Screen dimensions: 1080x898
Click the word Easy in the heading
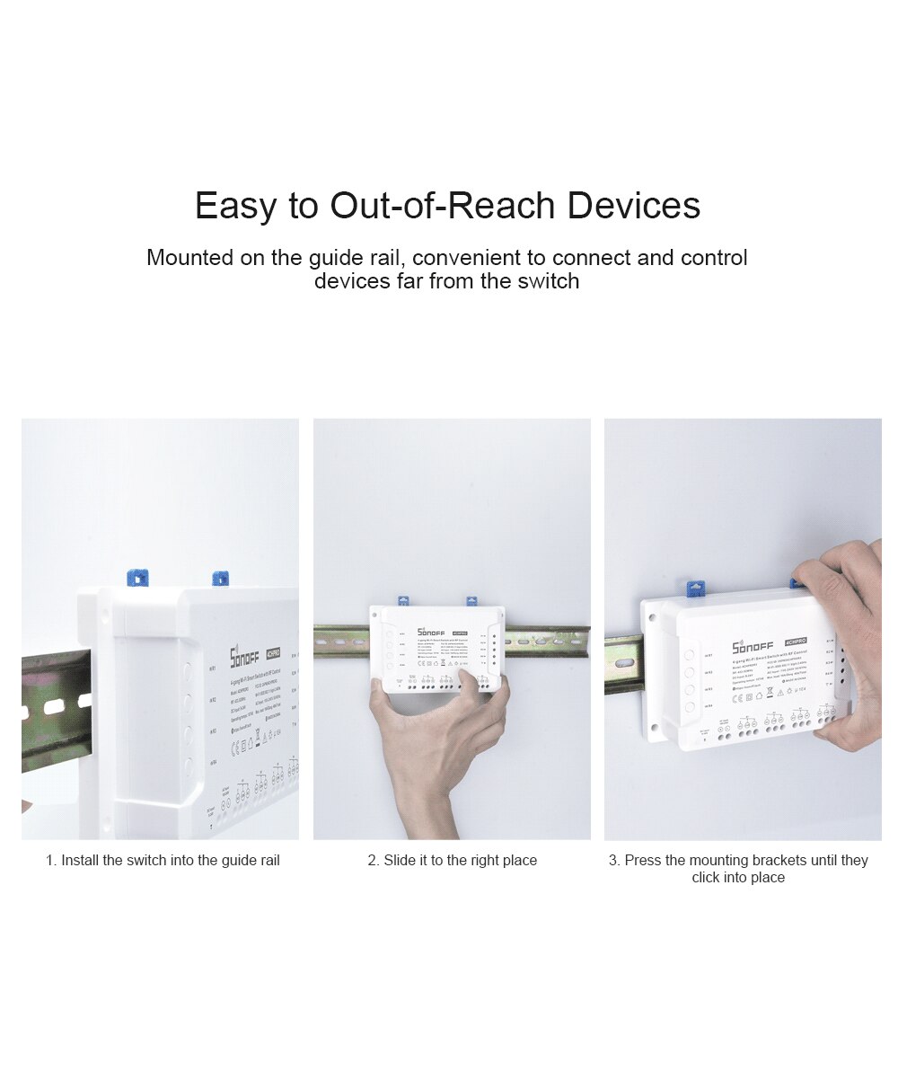(x=235, y=206)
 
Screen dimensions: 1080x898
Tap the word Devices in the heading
(x=633, y=206)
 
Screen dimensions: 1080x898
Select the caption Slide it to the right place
(x=452, y=861)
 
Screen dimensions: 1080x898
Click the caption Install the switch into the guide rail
(x=163, y=861)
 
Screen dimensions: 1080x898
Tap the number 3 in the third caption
(x=612, y=861)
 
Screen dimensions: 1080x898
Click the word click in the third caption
(x=707, y=878)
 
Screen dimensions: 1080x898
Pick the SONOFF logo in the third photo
(x=752, y=646)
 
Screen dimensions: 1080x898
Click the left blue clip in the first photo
(x=137, y=578)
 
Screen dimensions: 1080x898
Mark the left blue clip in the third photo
(x=694, y=589)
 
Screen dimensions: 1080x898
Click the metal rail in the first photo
(x=54, y=710)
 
